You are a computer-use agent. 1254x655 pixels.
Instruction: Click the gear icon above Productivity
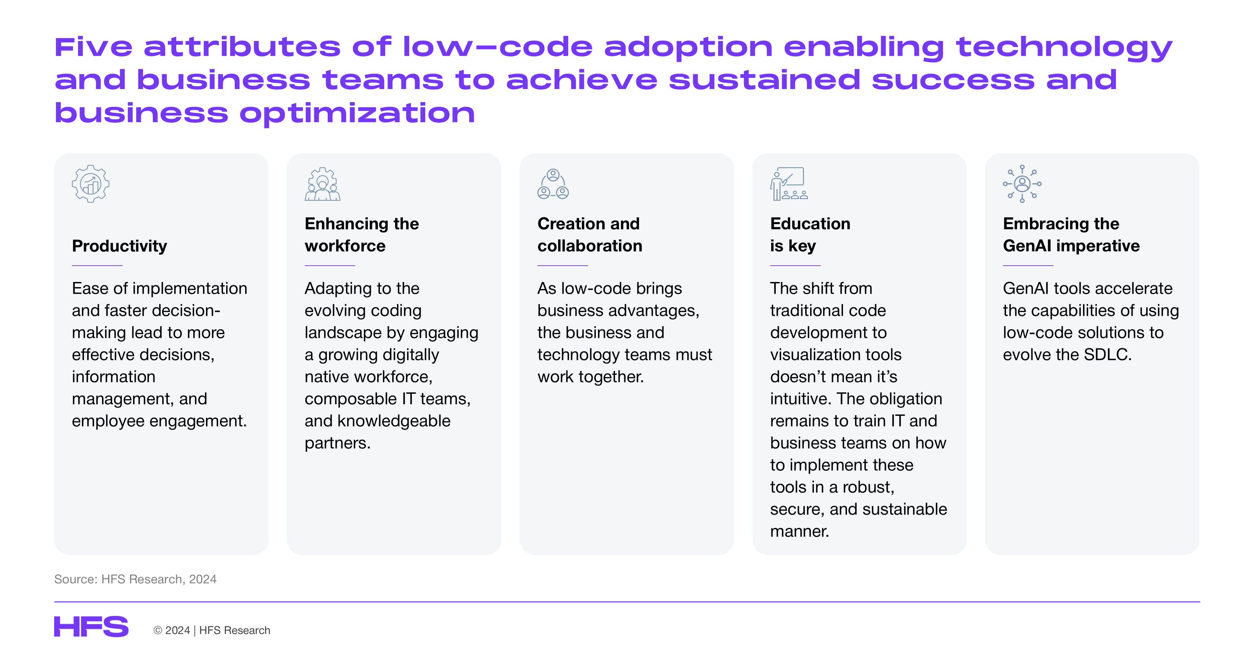tap(91, 184)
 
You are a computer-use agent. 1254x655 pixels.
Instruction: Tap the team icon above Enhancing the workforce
tap(322, 184)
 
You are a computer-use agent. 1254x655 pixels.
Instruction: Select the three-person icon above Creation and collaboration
tap(553, 184)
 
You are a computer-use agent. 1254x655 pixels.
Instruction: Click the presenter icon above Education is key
tap(789, 184)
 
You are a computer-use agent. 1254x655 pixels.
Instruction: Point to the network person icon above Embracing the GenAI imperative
tap(1022, 184)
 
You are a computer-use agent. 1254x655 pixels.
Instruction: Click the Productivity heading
tap(119, 246)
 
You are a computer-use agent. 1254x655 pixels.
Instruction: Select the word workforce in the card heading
tap(345, 246)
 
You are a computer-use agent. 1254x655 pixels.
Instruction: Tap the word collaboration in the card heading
tap(590, 246)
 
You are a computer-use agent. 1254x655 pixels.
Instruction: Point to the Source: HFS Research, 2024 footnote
tap(135, 579)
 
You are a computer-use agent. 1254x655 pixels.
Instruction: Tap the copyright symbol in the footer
tap(158, 630)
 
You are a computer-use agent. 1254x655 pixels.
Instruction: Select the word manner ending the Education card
tap(799, 531)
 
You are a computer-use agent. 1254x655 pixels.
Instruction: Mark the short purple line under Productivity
tap(97, 265)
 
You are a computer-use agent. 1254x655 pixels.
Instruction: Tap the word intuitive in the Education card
tap(801, 399)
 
